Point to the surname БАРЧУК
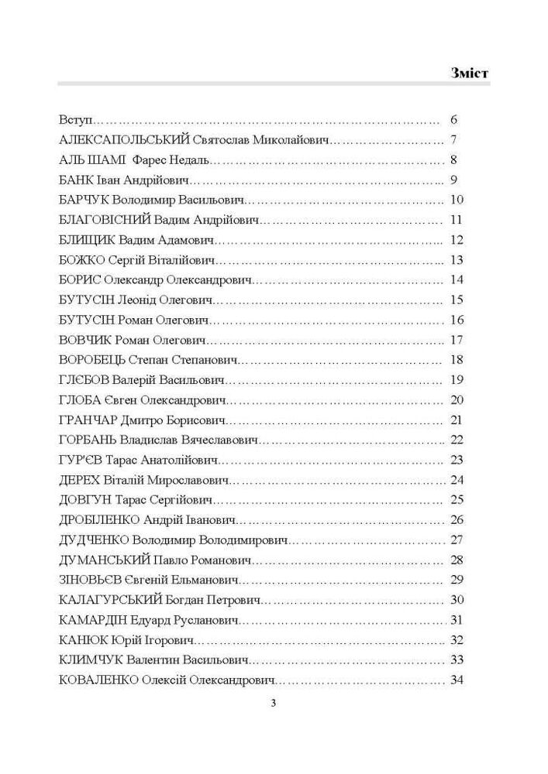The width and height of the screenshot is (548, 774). pos(81,200)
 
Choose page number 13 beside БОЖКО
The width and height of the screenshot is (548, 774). pos(456,259)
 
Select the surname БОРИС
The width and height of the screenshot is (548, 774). pos(79,279)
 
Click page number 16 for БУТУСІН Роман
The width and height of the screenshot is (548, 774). pos(456,320)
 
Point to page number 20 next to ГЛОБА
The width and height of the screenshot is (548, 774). pos(456,399)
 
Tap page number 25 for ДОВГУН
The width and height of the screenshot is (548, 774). pos(456,499)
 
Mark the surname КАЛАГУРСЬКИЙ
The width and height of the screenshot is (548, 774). pos(109,599)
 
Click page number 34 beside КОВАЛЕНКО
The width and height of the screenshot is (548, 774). pos(456,679)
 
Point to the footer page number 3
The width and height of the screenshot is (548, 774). pos(273,704)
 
